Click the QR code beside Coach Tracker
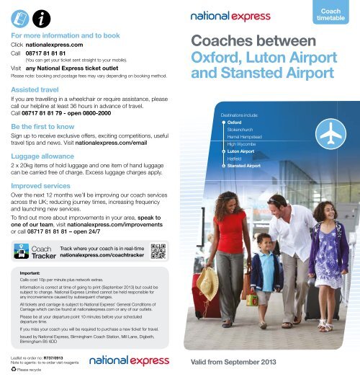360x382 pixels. point(160,251)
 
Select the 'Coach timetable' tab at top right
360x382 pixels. point(335,12)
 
